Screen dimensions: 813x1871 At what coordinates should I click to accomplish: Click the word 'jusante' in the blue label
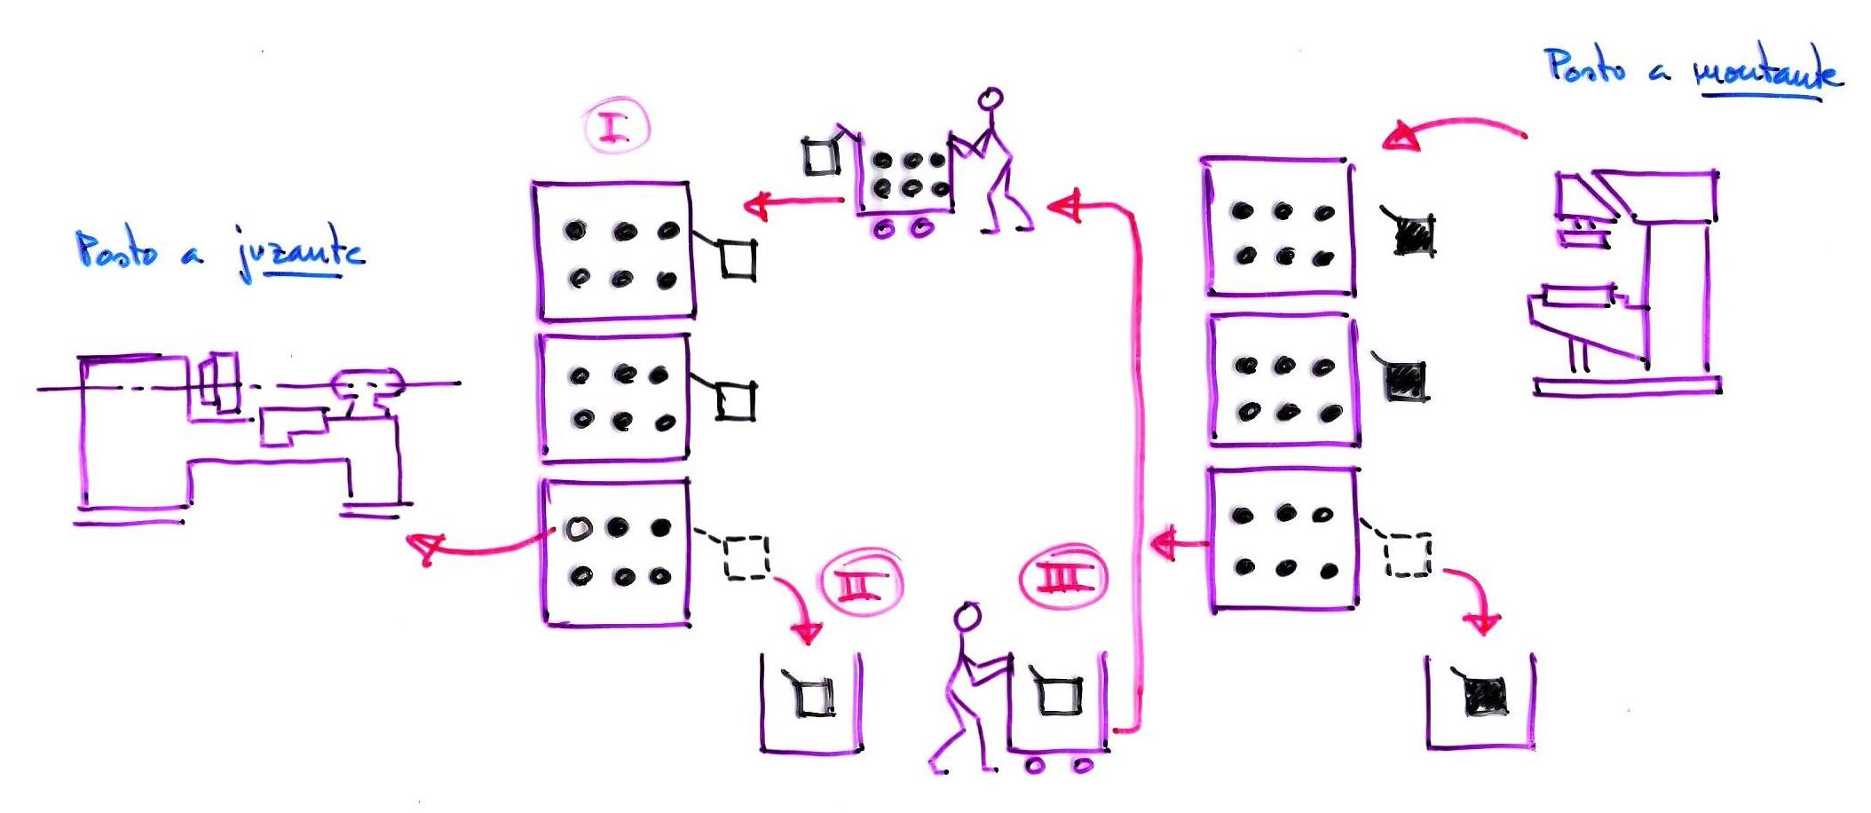[302, 253]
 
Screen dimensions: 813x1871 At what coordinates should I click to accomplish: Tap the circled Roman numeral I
[616, 128]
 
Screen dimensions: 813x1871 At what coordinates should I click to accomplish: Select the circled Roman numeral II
[861, 584]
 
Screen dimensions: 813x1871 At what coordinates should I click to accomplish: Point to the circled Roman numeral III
[1062, 578]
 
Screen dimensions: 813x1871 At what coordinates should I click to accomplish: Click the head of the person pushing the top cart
[991, 98]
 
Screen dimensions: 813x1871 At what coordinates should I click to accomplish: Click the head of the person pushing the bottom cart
[967, 616]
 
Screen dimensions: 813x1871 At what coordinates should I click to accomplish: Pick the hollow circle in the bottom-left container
[578, 529]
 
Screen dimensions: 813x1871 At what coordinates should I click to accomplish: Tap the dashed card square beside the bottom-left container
[746, 557]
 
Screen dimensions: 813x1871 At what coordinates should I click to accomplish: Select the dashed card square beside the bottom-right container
[1408, 555]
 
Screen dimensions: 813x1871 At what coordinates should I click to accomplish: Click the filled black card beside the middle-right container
[1405, 381]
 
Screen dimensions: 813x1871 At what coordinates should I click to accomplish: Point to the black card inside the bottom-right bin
[1484, 695]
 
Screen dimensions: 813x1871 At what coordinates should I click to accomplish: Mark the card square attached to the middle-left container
[735, 400]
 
